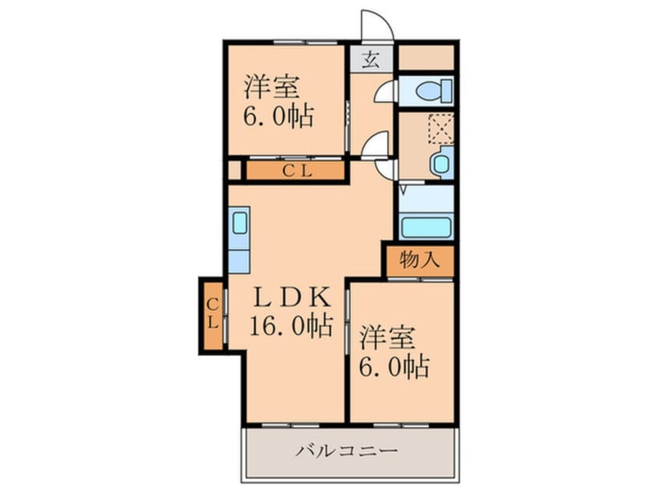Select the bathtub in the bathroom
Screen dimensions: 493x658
(425, 227)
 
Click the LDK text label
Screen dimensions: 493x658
(290, 297)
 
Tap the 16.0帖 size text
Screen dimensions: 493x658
(291, 324)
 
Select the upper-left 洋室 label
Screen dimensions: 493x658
(273, 86)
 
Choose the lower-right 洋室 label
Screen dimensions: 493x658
(387, 339)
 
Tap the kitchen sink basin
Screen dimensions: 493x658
(240, 223)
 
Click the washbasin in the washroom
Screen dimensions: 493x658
(441, 164)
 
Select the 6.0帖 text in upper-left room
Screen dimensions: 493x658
(280, 117)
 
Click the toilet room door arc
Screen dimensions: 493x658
(384, 92)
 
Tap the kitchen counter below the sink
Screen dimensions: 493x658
(239, 257)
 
